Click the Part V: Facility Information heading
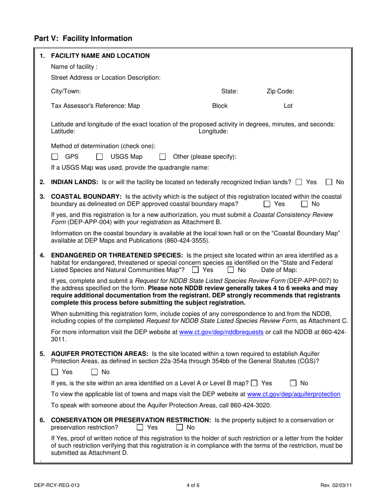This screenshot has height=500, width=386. [83, 39]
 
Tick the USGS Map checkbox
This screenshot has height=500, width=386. [99, 157]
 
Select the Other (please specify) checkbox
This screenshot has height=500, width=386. [163, 157]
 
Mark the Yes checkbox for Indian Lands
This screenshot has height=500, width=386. [299, 182]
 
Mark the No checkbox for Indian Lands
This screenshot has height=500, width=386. [329, 182]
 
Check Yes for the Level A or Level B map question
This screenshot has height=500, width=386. [254, 383]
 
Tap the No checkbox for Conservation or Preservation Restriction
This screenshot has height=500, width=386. [180, 427]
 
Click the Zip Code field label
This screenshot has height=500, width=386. [280, 91]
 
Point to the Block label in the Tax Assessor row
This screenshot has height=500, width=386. [220, 106]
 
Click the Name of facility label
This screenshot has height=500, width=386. [74, 67]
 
